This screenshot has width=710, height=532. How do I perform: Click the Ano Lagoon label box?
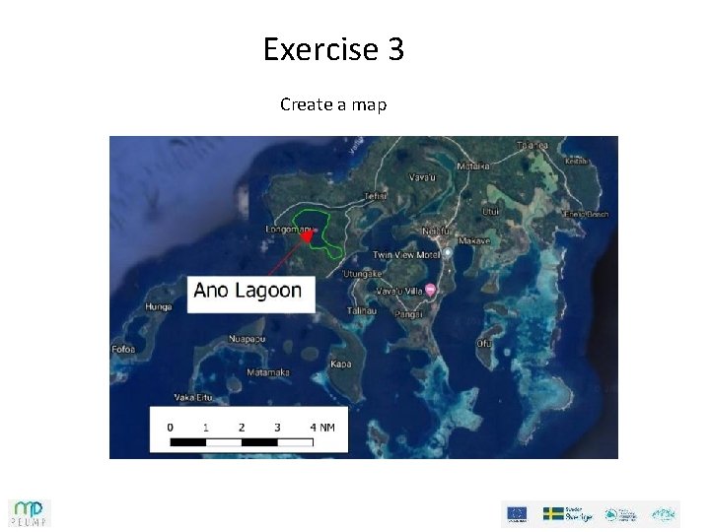tap(248, 291)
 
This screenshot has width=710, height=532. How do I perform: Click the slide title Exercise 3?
tap(333, 48)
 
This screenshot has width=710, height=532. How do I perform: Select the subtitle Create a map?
tap(333, 103)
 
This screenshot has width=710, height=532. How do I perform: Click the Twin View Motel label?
tap(407, 253)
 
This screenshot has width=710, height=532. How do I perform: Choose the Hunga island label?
tap(158, 306)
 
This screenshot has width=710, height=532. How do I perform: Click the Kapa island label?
tap(341, 364)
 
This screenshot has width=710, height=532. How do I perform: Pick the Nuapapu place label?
tap(247, 339)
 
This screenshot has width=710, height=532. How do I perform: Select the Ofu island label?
tap(484, 343)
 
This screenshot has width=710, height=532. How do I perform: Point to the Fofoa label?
tap(123, 349)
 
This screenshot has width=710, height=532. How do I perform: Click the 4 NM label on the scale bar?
tap(322, 428)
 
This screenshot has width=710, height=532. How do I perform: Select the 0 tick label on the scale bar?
tap(171, 428)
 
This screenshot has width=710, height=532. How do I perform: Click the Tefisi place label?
tap(375, 196)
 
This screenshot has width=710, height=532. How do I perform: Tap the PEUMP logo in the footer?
tap(30, 512)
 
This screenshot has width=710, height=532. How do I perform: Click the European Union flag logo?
tap(516, 513)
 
